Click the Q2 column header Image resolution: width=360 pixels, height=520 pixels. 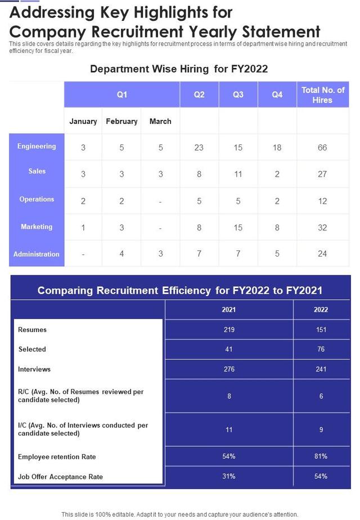point(199,95)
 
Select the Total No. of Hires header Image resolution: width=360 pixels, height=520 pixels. point(322,95)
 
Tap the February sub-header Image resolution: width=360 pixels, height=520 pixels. point(121,121)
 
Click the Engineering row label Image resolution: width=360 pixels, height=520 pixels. point(37,146)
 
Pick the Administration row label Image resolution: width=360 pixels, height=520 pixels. point(37,254)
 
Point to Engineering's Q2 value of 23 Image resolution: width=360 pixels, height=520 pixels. point(199,147)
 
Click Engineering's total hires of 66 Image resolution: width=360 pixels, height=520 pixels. point(322,147)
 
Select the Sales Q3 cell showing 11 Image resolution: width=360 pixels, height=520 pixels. point(238,174)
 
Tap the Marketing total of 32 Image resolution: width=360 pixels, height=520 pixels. point(322,227)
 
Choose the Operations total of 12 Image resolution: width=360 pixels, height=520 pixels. point(322,201)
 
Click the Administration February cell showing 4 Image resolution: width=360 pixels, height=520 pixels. point(121,254)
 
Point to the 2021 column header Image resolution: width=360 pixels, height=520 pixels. point(229,310)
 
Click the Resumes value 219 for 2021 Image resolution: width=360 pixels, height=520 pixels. point(229,330)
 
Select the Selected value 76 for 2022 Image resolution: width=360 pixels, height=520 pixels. point(321,349)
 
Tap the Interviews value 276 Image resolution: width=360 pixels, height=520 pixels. point(229,369)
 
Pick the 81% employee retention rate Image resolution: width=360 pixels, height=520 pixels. point(321,456)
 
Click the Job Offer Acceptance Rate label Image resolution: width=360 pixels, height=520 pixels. point(61,477)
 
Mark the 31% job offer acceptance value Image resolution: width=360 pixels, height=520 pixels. point(229,477)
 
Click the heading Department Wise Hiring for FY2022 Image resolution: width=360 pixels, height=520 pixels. point(179,69)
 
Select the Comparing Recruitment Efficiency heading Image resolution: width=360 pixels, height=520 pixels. point(180,290)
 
